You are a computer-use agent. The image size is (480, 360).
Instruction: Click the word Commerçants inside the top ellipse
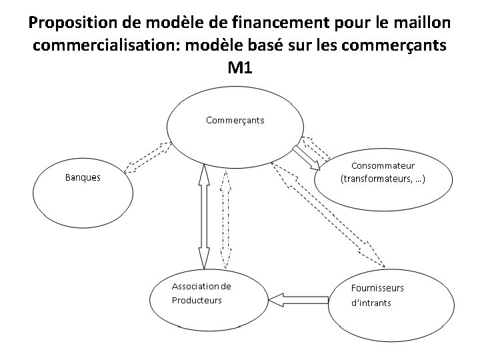click(x=235, y=121)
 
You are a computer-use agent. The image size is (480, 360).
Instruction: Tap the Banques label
click(x=83, y=177)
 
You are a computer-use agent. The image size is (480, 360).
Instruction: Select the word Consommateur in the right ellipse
click(x=383, y=165)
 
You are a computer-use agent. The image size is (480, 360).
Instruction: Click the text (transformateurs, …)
click(x=383, y=179)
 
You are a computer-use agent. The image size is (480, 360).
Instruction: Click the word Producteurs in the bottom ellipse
click(x=196, y=300)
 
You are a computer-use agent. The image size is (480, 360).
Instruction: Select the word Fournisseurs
click(x=377, y=288)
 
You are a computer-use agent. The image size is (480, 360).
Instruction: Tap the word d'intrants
click(x=371, y=303)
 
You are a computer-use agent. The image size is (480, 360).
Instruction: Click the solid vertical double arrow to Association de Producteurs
click(x=203, y=216)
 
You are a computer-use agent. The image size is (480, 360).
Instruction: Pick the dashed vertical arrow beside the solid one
click(x=226, y=216)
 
